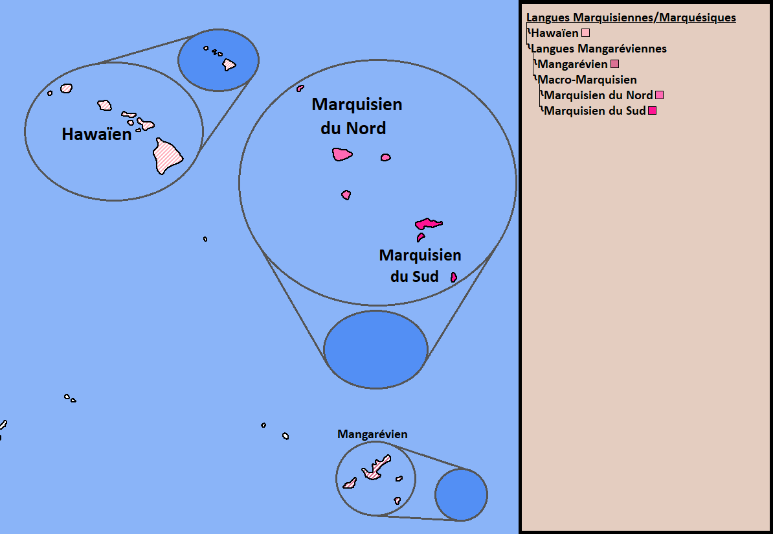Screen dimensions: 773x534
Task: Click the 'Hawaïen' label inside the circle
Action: tap(96, 134)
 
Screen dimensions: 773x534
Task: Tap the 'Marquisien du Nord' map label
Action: tap(356, 116)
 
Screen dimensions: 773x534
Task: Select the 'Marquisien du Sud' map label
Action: tap(420, 266)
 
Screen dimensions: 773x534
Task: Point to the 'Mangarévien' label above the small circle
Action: tap(372, 434)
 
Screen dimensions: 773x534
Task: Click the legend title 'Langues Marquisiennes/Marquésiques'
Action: tap(631, 17)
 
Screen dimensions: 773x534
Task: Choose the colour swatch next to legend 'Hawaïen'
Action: tap(586, 33)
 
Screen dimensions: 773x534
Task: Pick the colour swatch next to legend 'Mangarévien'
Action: tap(615, 64)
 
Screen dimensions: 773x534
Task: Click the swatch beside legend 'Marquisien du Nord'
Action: tap(659, 95)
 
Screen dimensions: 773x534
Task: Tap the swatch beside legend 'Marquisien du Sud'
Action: tap(652, 111)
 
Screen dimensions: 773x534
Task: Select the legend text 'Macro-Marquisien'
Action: tap(587, 80)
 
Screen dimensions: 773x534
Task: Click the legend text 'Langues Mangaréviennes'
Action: tap(598, 49)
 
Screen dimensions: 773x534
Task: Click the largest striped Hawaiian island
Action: tap(168, 156)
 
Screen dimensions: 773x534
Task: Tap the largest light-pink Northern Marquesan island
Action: tap(342, 154)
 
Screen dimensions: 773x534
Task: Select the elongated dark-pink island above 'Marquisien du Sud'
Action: tap(429, 224)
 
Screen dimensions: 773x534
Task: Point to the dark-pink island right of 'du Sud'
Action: tap(454, 277)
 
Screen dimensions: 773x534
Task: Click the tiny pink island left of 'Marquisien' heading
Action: tap(300, 88)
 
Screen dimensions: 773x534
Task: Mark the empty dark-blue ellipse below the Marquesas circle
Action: tap(375, 349)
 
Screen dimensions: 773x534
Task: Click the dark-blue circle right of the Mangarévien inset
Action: tap(462, 494)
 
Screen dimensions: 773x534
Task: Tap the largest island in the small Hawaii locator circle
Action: tap(229, 65)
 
